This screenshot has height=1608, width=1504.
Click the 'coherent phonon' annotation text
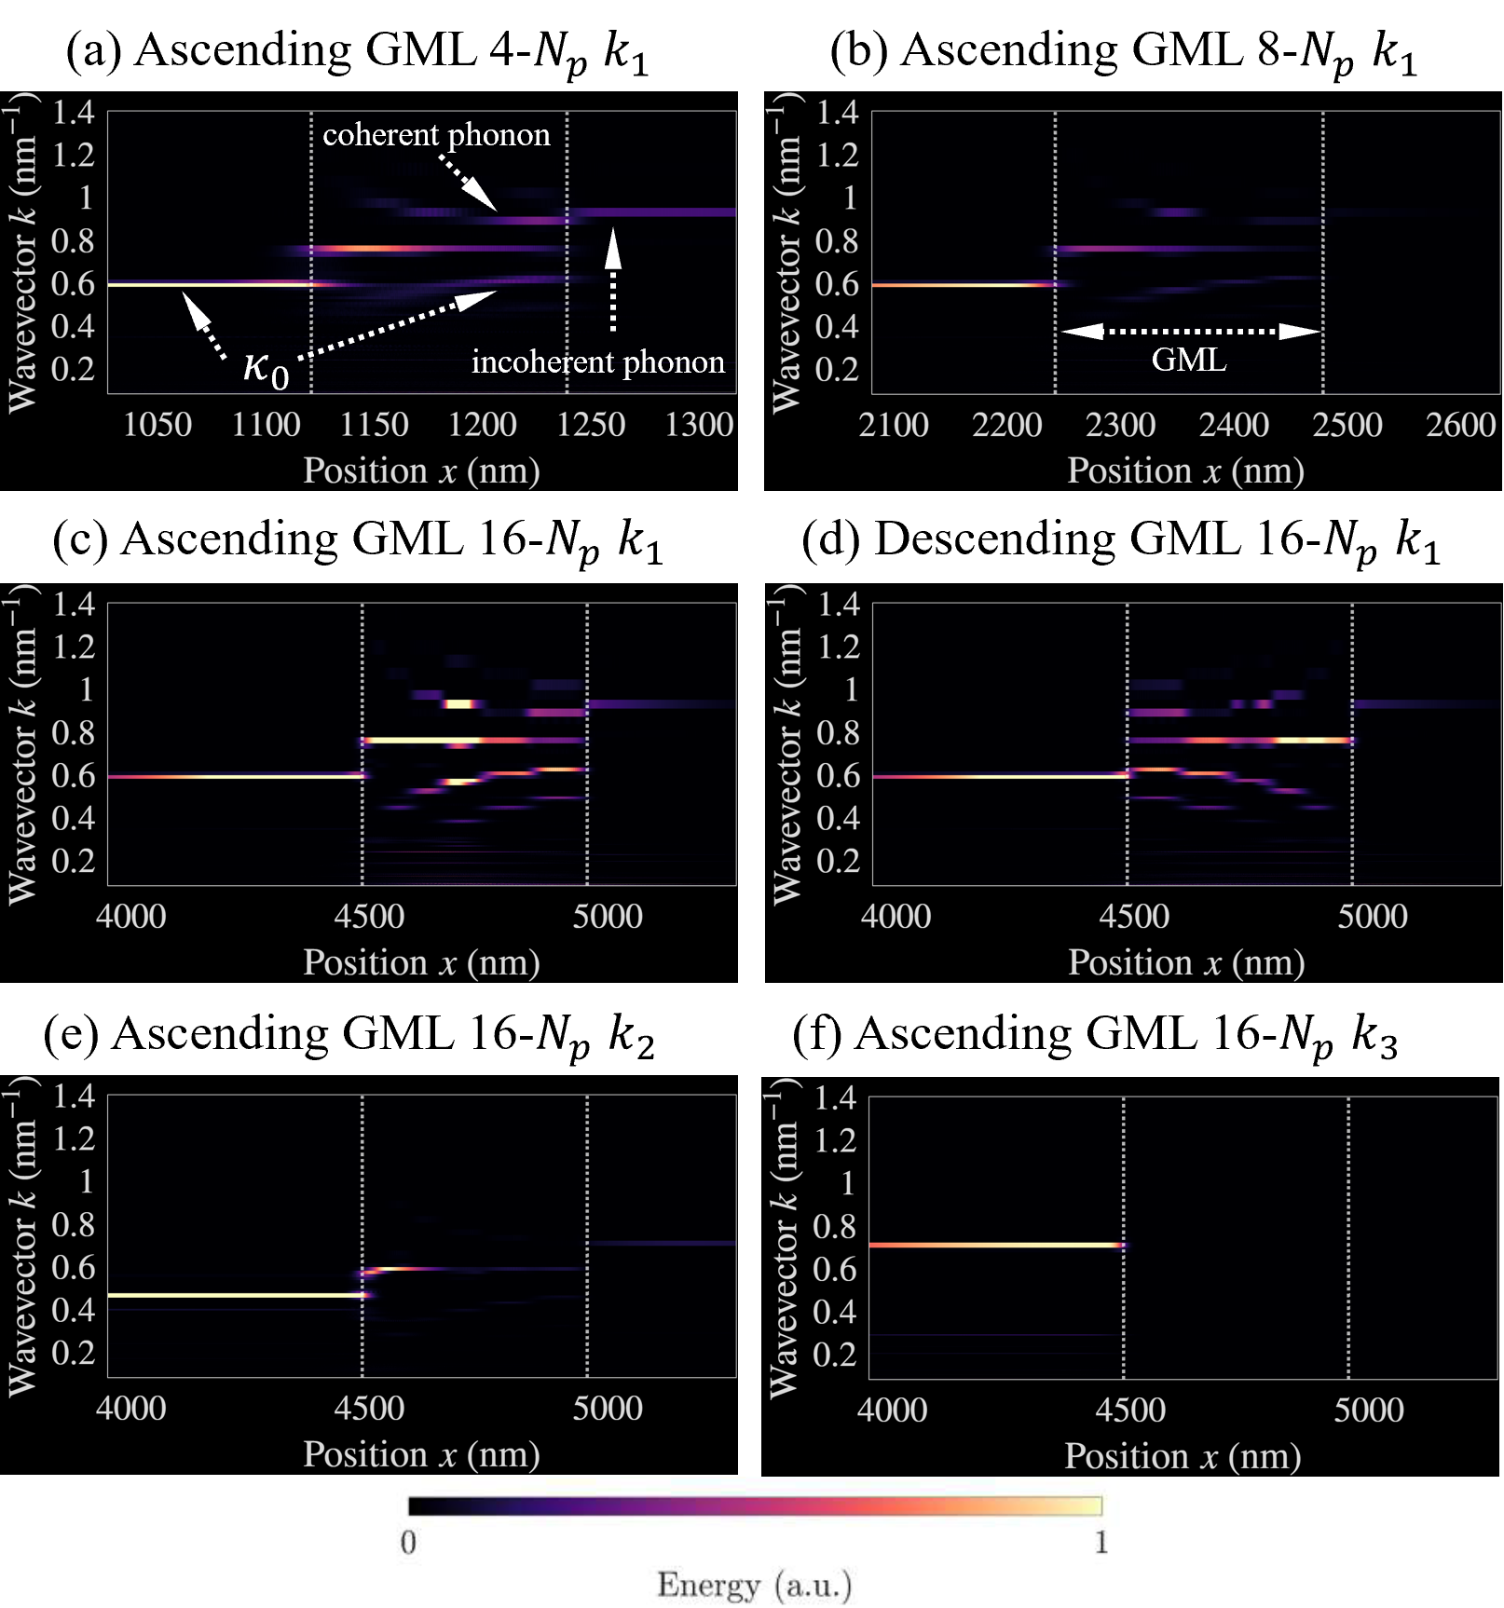[x=436, y=135]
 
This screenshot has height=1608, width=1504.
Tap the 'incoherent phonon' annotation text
[x=597, y=361]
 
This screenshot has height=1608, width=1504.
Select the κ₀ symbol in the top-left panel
[x=266, y=367]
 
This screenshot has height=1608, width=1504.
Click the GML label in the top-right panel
[x=1189, y=360]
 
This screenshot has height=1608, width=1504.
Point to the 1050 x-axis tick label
[x=157, y=425]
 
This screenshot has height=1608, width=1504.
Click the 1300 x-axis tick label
[x=699, y=425]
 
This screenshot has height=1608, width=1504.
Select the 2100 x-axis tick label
[x=894, y=425]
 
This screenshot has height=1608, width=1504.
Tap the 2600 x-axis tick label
[x=1460, y=425]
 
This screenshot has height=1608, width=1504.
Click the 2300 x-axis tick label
[x=1120, y=425]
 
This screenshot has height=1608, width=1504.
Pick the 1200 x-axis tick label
[x=482, y=425]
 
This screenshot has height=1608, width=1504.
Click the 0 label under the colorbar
[x=408, y=1543]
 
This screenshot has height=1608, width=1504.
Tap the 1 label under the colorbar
[x=1101, y=1543]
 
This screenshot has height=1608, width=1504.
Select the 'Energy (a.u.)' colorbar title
[x=754, y=1585]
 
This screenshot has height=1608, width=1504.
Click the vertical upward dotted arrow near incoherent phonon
[x=612, y=279]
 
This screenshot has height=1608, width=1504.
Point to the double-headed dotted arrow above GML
[x=1191, y=331]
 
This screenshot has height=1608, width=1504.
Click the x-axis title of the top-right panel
[x=1185, y=470]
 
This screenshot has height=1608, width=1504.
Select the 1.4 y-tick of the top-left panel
[x=74, y=113]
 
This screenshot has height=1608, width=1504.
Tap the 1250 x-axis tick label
[x=591, y=425]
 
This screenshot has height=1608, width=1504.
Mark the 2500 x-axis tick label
[x=1347, y=425]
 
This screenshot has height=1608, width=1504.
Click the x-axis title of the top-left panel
[x=421, y=470]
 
